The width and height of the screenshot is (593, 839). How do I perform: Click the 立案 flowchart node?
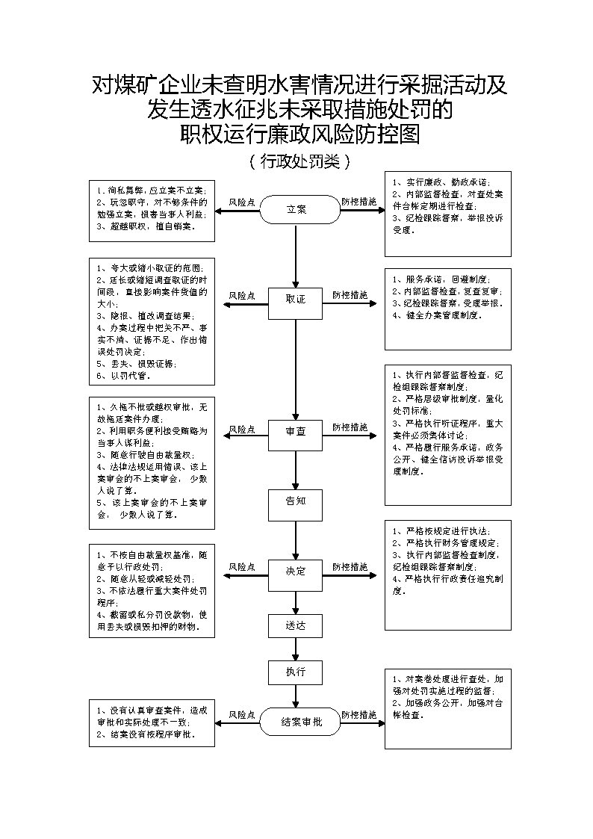(296, 210)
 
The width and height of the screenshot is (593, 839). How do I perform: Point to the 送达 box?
(296, 625)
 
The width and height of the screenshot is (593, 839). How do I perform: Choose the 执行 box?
(296, 672)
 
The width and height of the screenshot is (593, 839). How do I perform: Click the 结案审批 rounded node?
(301, 723)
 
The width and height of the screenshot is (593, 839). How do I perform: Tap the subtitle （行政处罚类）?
(296, 161)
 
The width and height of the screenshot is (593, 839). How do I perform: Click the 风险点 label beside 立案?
(242, 202)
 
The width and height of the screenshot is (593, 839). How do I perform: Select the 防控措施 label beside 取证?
(350, 295)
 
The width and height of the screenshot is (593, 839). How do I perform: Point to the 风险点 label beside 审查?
(242, 429)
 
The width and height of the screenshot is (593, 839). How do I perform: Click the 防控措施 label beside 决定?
(350, 567)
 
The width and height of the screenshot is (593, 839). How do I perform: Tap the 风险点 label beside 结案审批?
(242, 716)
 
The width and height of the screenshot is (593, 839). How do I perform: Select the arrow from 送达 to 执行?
(296, 648)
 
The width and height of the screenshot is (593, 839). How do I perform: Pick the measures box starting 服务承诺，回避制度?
(448, 309)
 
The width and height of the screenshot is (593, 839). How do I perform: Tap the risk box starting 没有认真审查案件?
(151, 722)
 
